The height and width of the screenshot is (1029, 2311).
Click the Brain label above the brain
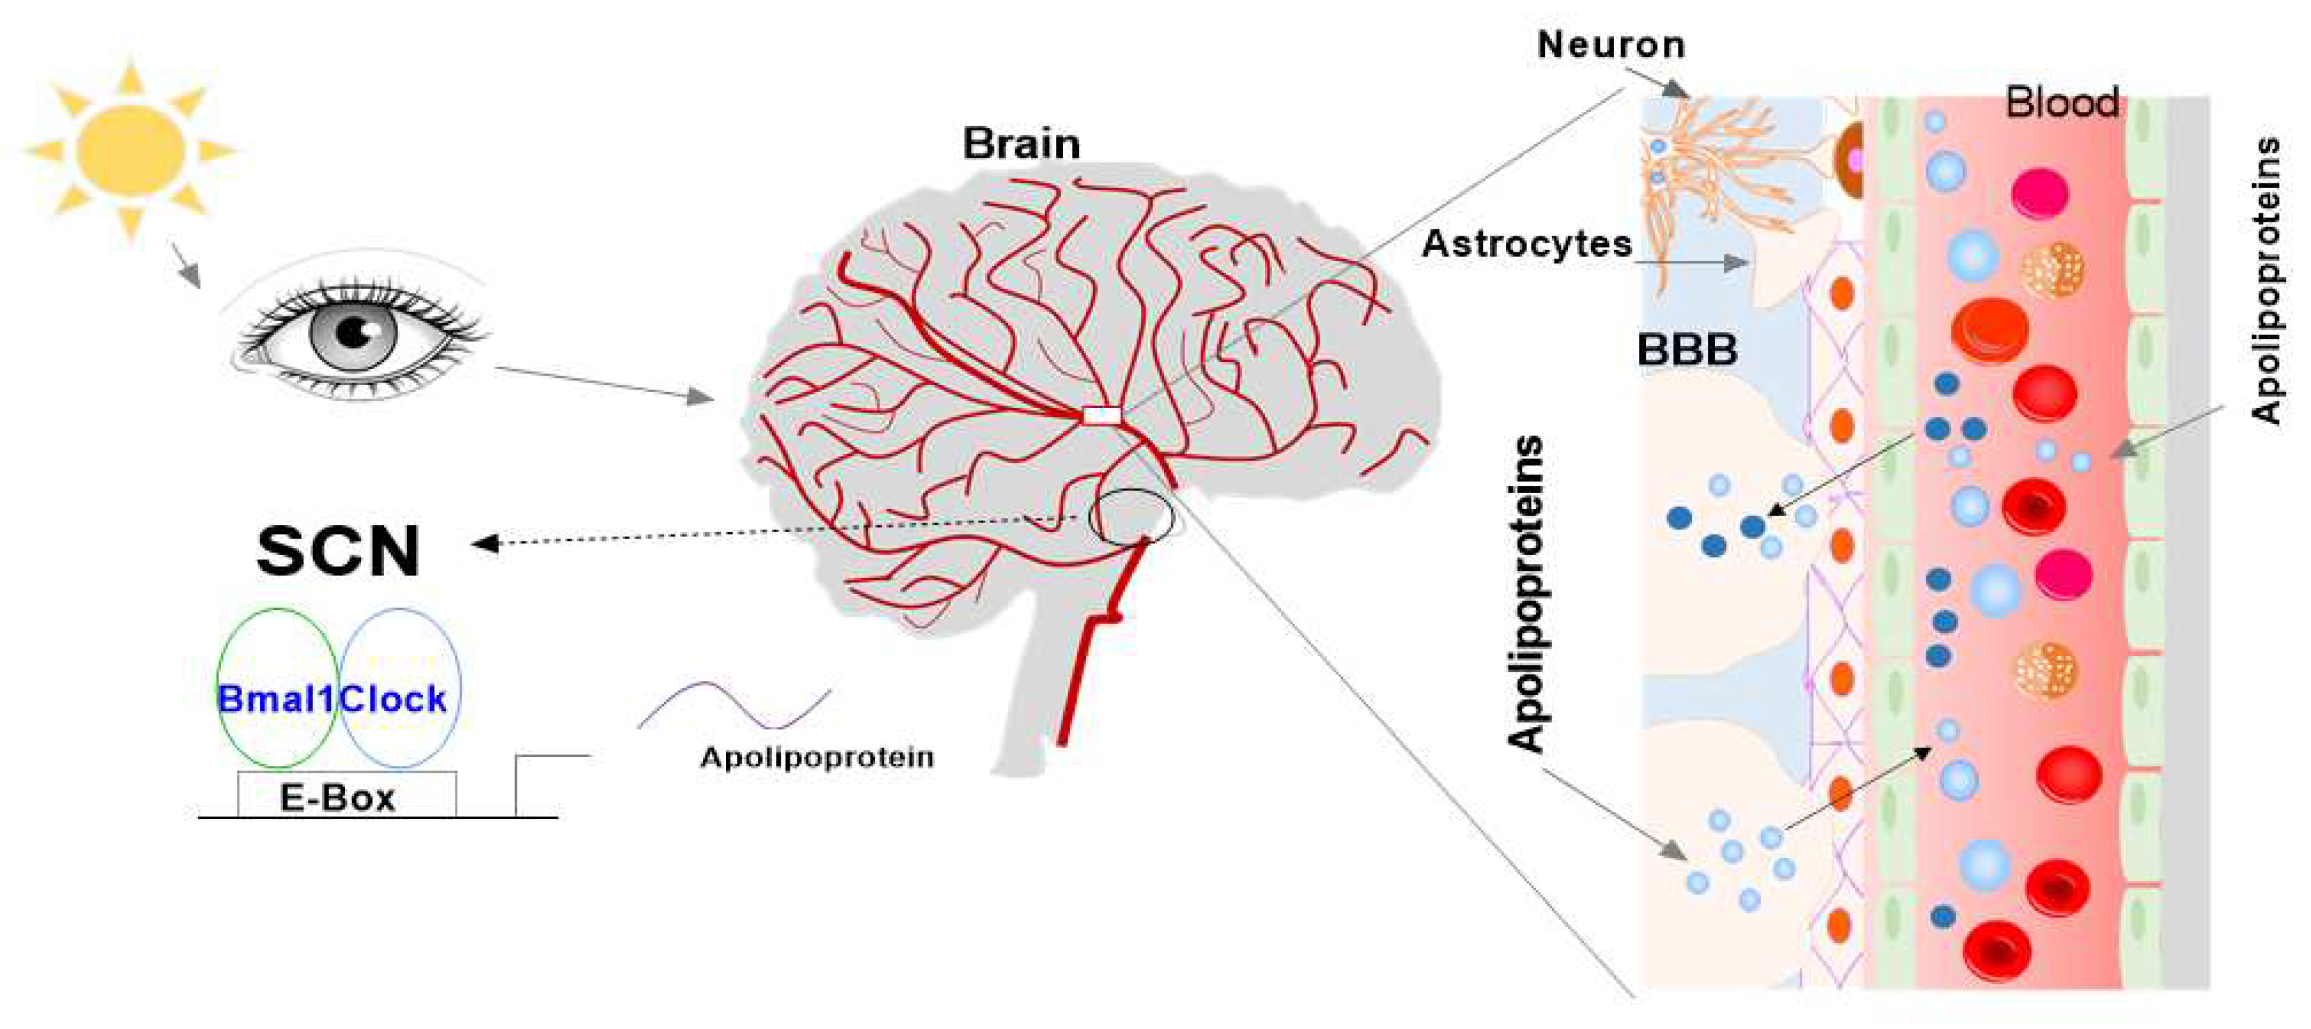pyautogui.click(x=1021, y=144)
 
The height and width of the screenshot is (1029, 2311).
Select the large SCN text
pyautogui.click(x=338, y=550)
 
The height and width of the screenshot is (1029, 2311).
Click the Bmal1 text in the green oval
pyautogui.click(x=276, y=698)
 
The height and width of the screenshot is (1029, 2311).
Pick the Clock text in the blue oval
pyautogui.click(x=393, y=698)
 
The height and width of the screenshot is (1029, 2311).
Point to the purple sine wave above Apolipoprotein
pyautogui.click(x=734, y=705)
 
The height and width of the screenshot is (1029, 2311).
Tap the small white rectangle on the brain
pyautogui.click(x=1102, y=415)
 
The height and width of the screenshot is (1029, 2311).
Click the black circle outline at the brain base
pyautogui.click(x=1130, y=517)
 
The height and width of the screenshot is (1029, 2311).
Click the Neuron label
pyautogui.click(x=1610, y=45)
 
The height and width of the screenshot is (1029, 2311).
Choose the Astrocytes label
pyautogui.click(x=1526, y=243)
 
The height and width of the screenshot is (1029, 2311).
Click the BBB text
pyautogui.click(x=1687, y=350)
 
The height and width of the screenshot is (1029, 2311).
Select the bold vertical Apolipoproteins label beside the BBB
pyautogui.click(x=1526, y=594)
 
